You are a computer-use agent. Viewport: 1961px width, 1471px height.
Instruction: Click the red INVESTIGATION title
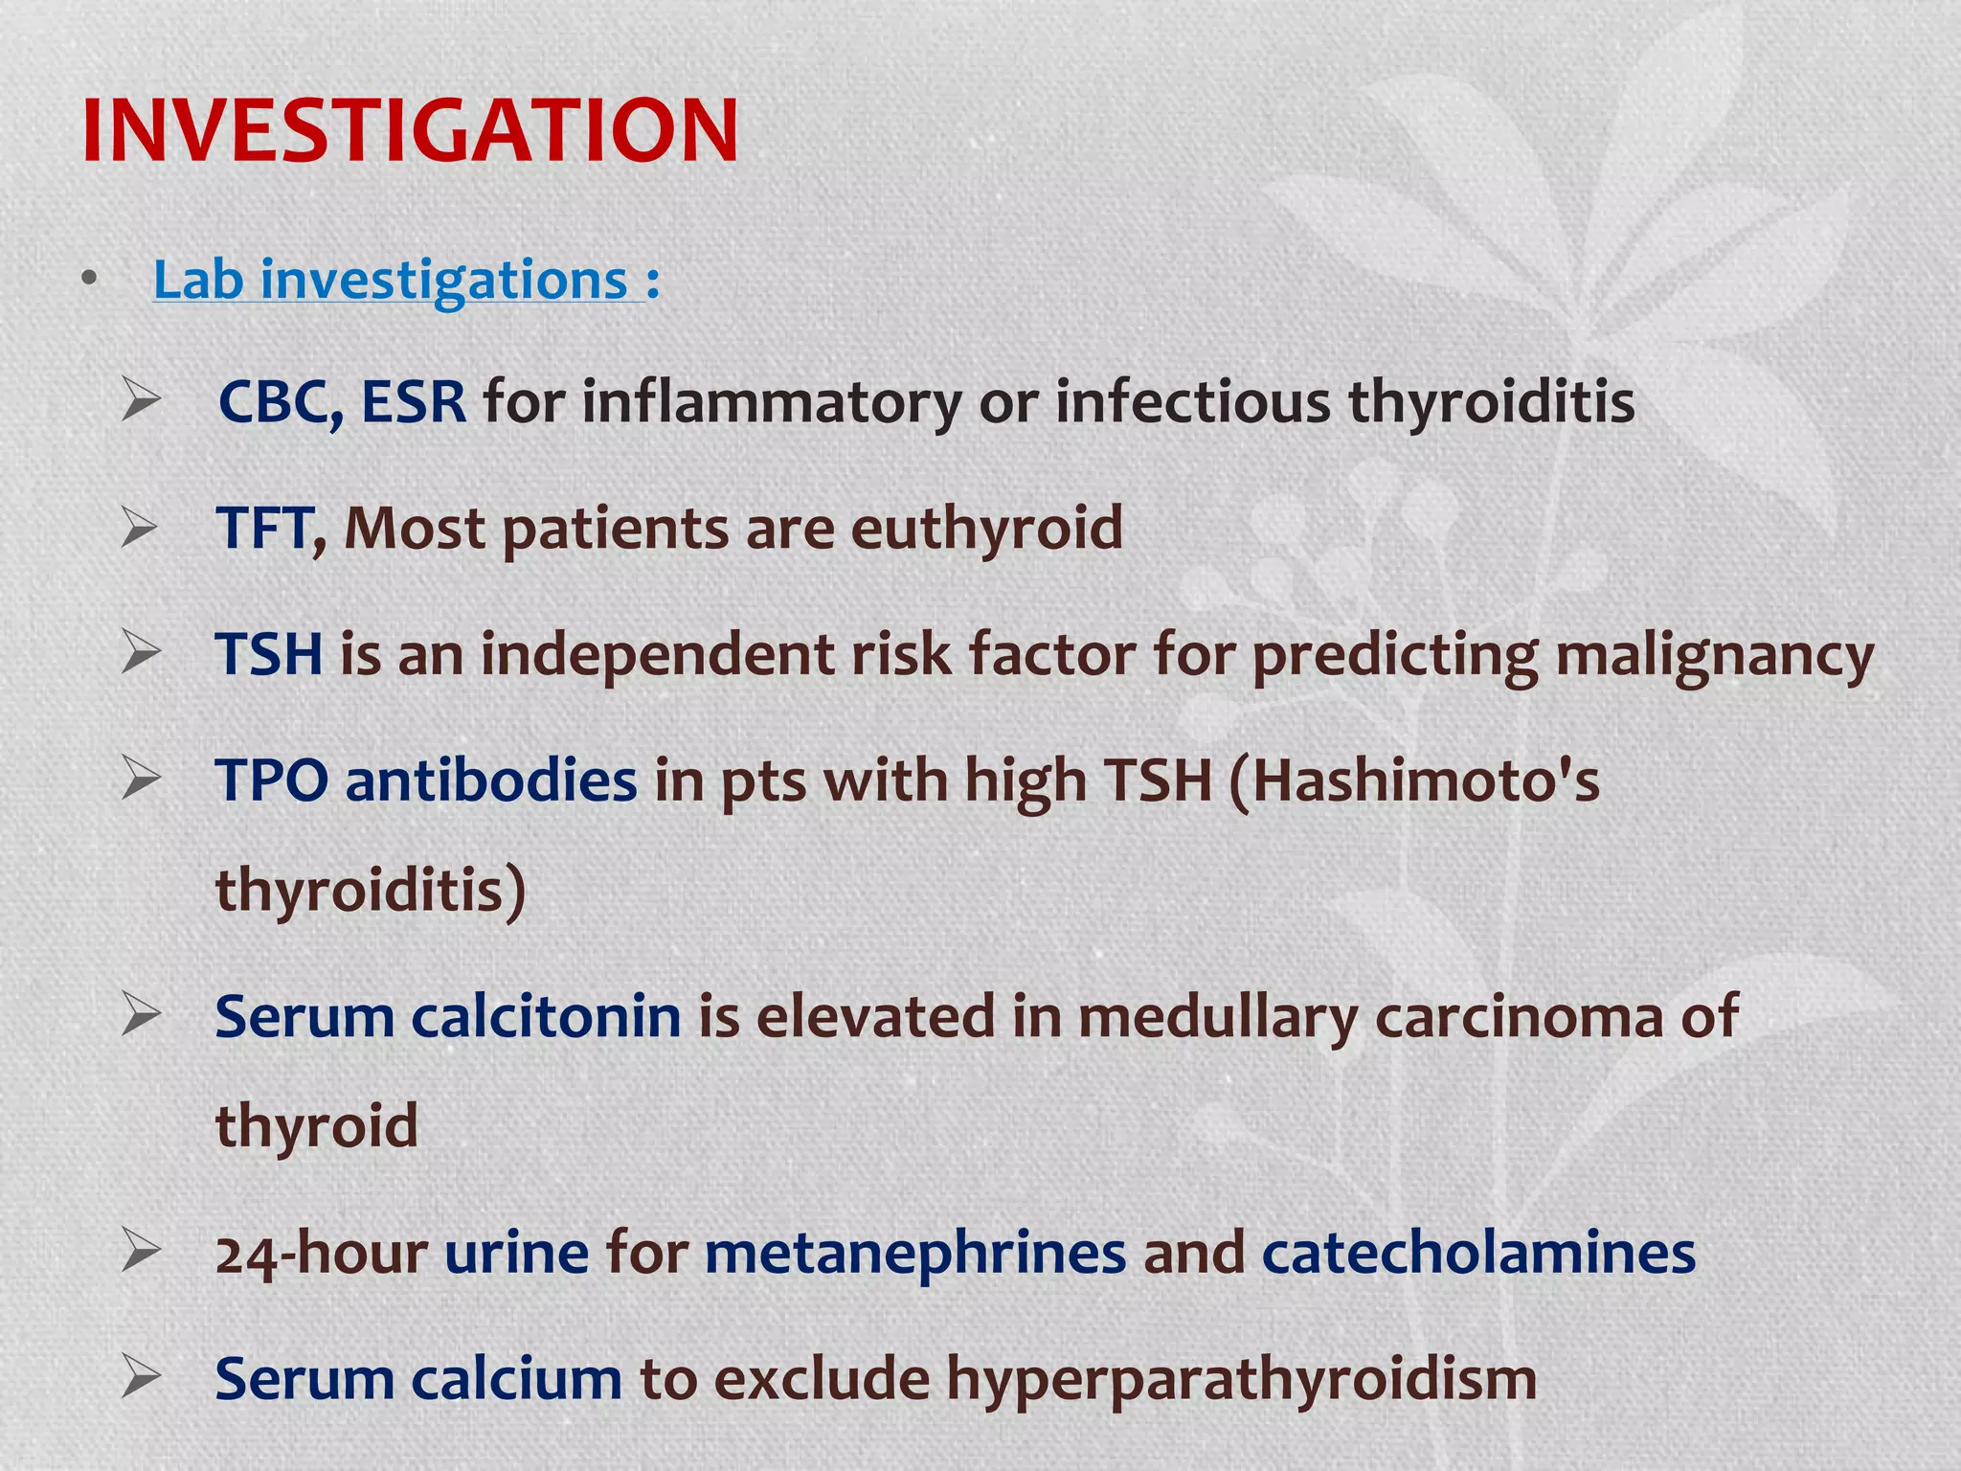point(410,131)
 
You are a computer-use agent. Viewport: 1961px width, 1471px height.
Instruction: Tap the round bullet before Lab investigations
point(89,279)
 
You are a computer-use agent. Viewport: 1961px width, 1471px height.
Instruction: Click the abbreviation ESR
point(414,401)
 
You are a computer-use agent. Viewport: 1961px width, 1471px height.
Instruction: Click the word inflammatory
point(772,401)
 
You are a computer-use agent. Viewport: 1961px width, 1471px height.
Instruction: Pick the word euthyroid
point(986,530)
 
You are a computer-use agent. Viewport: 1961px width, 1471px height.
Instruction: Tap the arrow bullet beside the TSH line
point(141,653)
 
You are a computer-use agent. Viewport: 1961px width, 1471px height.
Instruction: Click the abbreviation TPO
point(272,781)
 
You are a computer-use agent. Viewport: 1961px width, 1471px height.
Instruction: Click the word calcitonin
point(546,1016)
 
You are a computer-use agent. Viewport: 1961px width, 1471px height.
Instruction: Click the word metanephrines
point(915,1254)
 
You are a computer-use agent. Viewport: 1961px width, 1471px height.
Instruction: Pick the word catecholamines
point(1478,1254)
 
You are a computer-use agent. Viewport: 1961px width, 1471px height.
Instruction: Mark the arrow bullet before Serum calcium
point(141,1378)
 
